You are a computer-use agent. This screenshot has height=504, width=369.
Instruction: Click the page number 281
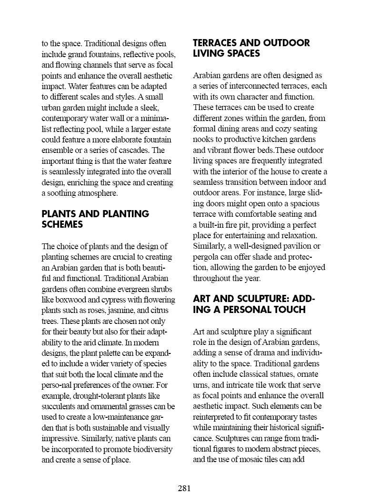click(x=184, y=488)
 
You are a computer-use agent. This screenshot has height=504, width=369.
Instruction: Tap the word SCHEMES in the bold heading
click(x=62, y=225)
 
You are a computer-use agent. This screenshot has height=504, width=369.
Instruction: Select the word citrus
click(x=163, y=311)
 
